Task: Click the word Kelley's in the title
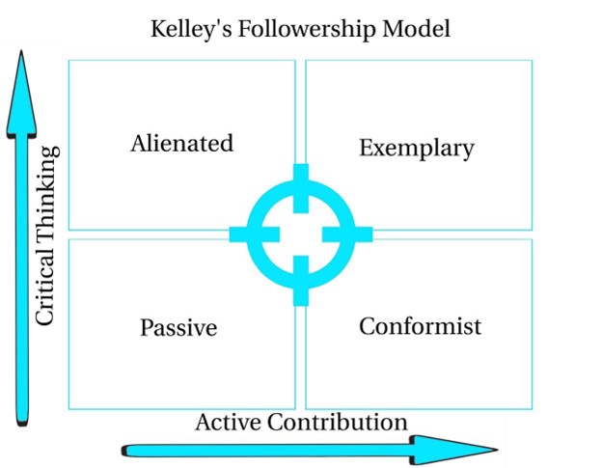coord(188,29)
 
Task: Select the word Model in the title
coord(416,29)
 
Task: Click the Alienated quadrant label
coord(181,144)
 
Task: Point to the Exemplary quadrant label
coord(416,148)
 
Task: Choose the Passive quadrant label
coord(178,328)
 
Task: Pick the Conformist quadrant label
coord(420,326)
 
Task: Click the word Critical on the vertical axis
coord(46,280)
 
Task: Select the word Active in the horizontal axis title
coord(229,422)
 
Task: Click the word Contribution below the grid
coord(337,422)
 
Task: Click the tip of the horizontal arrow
coord(496,449)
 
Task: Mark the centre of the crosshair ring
coord(300,234)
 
